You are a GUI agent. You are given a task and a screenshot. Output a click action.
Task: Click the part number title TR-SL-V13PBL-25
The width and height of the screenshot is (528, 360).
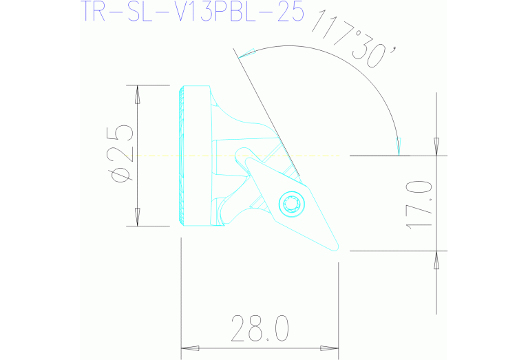pyautogui.click(x=192, y=12)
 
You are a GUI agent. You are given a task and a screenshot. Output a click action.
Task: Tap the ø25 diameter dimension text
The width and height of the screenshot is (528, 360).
pyautogui.click(x=123, y=156)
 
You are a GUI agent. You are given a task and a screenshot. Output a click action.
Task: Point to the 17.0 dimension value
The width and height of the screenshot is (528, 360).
pyautogui.click(x=419, y=204)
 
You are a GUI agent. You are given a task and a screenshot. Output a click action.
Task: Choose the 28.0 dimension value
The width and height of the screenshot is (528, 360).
pyautogui.click(x=260, y=328)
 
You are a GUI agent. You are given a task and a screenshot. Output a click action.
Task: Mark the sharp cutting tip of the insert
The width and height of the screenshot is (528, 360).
pyautogui.click(x=337, y=250)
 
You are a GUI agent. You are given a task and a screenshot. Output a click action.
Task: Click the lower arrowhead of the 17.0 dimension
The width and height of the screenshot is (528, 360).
pyautogui.click(x=436, y=260)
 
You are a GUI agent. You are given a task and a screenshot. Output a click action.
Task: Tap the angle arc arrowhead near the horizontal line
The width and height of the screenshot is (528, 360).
pyautogui.click(x=398, y=145)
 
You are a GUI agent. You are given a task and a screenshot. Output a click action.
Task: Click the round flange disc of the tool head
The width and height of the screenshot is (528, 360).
pyautogui.click(x=194, y=156)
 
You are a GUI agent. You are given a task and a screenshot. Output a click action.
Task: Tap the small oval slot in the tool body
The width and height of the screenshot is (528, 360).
pyautogui.click(x=243, y=153)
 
